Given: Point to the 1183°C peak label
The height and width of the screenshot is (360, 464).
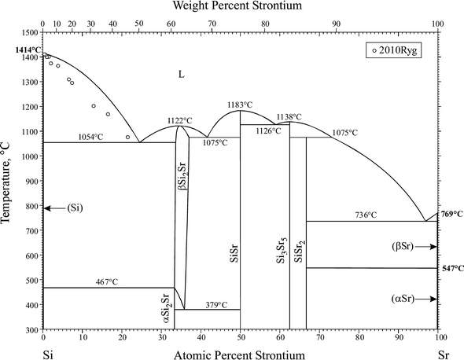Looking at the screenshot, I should coord(240,104).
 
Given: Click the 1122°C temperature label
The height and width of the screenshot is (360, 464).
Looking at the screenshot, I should coord(179,120).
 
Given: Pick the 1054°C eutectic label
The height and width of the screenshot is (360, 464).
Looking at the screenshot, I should coord(91,137).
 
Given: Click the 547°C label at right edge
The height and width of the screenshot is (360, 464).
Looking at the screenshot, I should coord(451,268).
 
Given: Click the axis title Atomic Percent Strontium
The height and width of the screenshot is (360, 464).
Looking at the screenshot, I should coord(239,355).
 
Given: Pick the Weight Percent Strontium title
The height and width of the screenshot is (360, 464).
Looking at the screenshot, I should coord(239,6).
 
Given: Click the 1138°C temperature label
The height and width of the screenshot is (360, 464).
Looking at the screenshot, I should coord(285,117).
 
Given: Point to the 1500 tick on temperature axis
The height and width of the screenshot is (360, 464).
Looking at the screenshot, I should coord(31,33).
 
